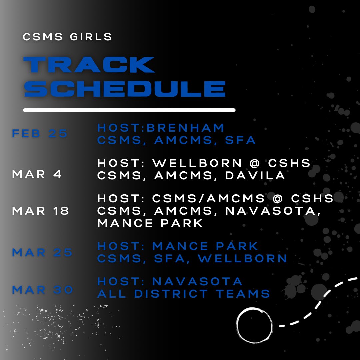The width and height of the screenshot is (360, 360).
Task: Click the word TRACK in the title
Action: click(89, 65)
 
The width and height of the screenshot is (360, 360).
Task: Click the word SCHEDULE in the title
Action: click(125, 89)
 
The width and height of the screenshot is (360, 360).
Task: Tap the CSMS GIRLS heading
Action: click(67, 37)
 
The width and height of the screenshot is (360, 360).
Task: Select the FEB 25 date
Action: click(40, 134)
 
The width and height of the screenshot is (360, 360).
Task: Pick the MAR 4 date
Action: click(37, 174)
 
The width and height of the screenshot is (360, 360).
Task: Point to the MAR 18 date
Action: click(41, 211)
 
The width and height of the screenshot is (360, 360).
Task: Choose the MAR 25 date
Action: click(42, 252)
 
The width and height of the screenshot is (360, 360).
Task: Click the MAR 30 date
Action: click(43, 290)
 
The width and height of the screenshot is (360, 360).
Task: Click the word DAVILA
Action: click(255, 175)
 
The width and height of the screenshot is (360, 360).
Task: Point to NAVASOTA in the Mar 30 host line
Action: click(197, 281)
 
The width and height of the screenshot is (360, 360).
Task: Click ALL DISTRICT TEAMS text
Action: click(184, 294)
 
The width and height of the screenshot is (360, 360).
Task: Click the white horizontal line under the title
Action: click(129, 110)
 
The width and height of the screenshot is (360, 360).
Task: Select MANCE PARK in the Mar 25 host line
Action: click(205, 246)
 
